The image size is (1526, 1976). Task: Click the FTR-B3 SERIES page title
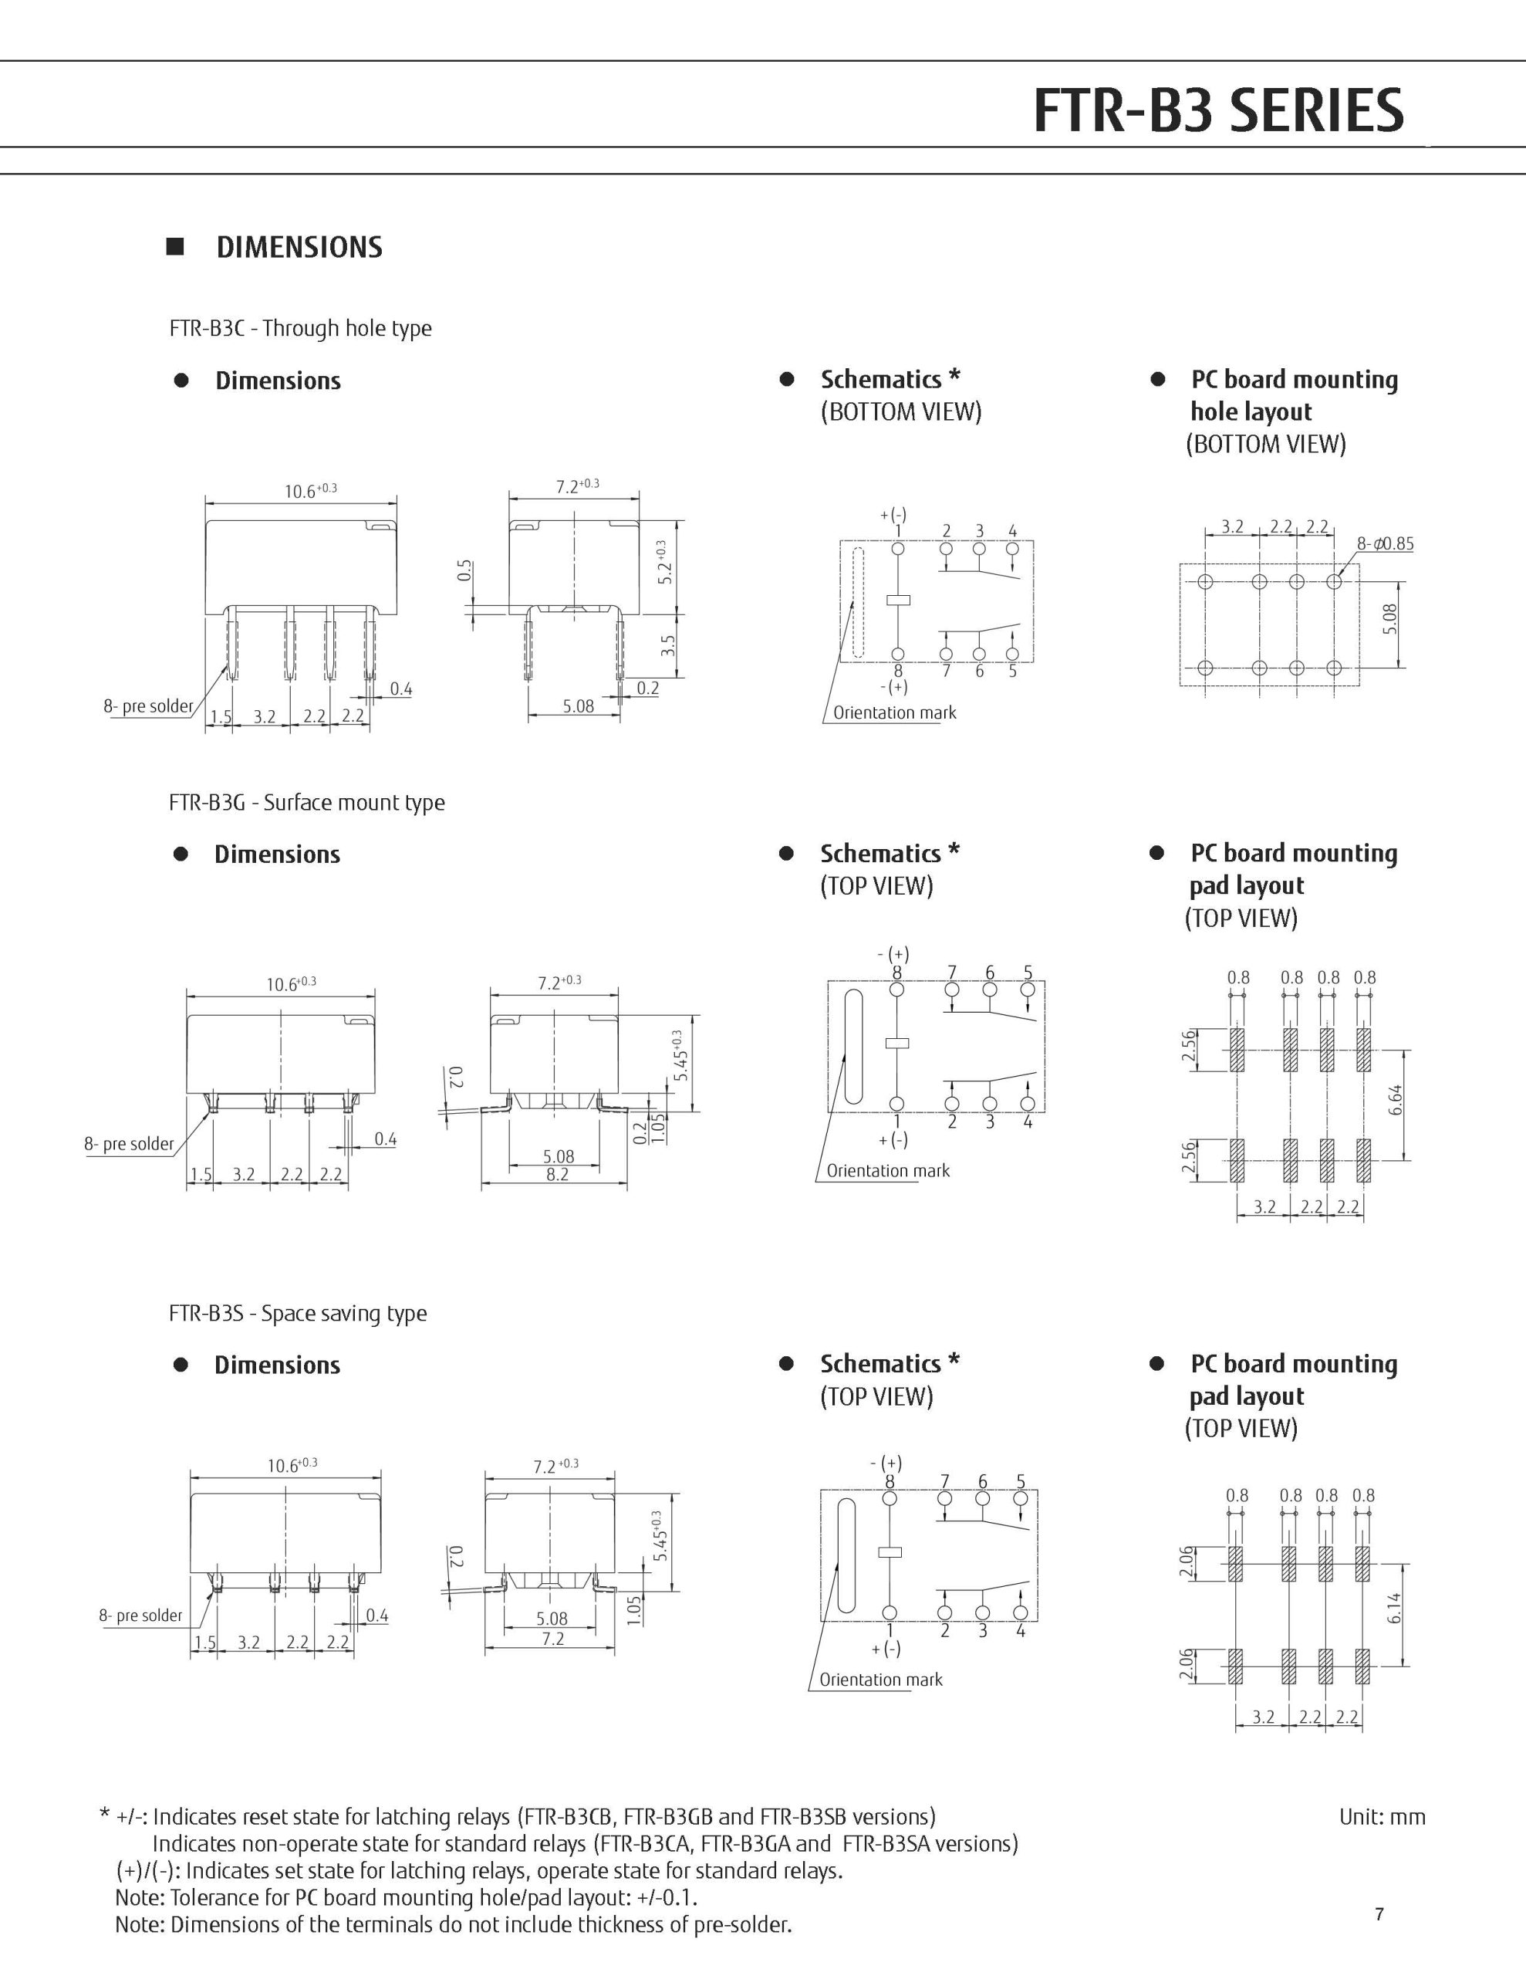[x=1217, y=110]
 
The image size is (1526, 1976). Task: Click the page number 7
[x=1379, y=1913]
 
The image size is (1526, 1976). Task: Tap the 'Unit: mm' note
[x=1381, y=1816]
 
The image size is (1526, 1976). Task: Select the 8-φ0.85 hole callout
[x=1384, y=543]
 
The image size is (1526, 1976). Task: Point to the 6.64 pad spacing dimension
[x=1396, y=1100]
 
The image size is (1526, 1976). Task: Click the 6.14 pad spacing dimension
[x=1394, y=1608]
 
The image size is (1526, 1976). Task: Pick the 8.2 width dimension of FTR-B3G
[x=557, y=1174]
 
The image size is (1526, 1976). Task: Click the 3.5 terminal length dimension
[x=668, y=645]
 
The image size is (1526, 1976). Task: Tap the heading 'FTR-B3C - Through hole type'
[x=300, y=327]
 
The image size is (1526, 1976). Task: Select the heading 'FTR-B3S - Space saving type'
[x=298, y=1313]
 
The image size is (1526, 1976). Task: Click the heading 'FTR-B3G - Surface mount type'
[x=306, y=803]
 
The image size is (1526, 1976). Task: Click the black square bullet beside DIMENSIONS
[x=175, y=247]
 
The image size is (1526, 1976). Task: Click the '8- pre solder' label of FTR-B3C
[x=148, y=705]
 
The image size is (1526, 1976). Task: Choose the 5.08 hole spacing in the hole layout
[x=1390, y=619]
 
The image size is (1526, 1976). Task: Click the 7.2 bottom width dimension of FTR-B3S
[x=552, y=1639]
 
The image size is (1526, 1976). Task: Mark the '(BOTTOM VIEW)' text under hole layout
[x=1265, y=445]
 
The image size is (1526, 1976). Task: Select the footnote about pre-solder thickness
[x=453, y=1924]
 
